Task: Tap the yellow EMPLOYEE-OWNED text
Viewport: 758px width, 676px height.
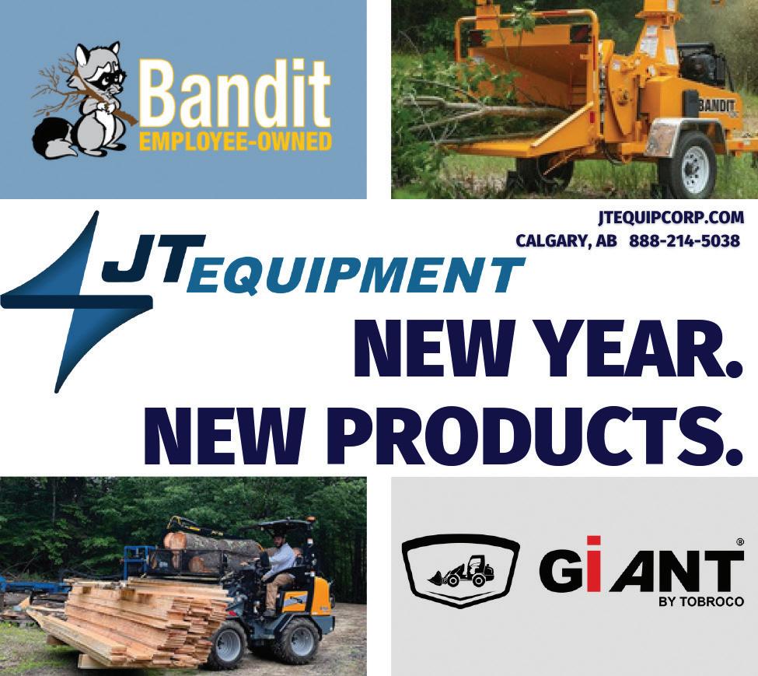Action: click(236, 142)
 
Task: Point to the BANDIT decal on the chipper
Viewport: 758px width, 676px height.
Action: click(717, 106)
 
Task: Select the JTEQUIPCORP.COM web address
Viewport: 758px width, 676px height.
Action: click(670, 218)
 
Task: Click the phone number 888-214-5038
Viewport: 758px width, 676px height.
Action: click(684, 240)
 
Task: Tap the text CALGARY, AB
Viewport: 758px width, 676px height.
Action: click(567, 241)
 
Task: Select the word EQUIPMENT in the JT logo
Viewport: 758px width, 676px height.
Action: click(359, 277)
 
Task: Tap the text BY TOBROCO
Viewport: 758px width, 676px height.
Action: click(701, 602)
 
